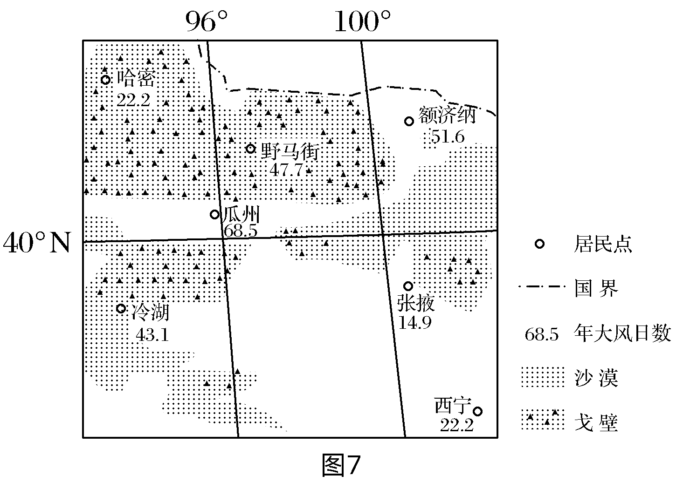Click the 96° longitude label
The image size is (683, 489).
[x=207, y=21]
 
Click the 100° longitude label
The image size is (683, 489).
[x=362, y=21]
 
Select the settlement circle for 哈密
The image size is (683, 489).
[x=106, y=80]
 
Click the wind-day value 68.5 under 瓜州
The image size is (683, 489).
[x=241, y=231]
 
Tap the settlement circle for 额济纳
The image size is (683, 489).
[x=409, y=121]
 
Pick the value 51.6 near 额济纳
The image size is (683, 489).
[x=448, y=137]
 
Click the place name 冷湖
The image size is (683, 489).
[x=150, y=312]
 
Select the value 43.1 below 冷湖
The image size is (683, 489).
[x=152, y=334]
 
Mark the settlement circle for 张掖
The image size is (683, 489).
[x=408, y=285]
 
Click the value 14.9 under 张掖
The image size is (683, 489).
[x=415, y=322]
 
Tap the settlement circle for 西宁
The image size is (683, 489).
[x=477, y=411]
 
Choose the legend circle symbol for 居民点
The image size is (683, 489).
[x=539, y=244]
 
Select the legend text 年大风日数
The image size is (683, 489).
[x=622, y=334]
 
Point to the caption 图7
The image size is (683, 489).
[x=341, y=465]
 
